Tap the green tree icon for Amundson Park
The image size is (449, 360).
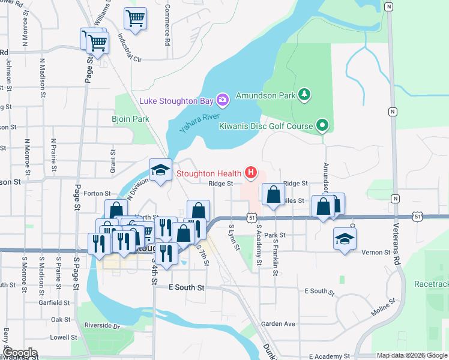click(305, 95)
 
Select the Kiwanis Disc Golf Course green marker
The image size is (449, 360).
click(322, 125)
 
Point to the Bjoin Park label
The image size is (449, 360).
click(130, 119)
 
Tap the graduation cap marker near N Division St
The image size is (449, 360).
click(161, 170)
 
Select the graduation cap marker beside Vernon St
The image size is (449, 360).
click(345, 238)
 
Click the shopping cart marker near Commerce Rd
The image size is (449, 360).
click(135, 18)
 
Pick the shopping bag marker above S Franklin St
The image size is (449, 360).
click(273, 195)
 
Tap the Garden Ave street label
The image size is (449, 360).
click(278, 324)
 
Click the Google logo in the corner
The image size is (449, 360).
click(19, 353)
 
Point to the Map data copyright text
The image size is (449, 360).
click(412, 356)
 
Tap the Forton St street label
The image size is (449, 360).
click(98, 194)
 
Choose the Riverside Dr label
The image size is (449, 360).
click(102, 327)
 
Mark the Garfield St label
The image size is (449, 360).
click(54, 304)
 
